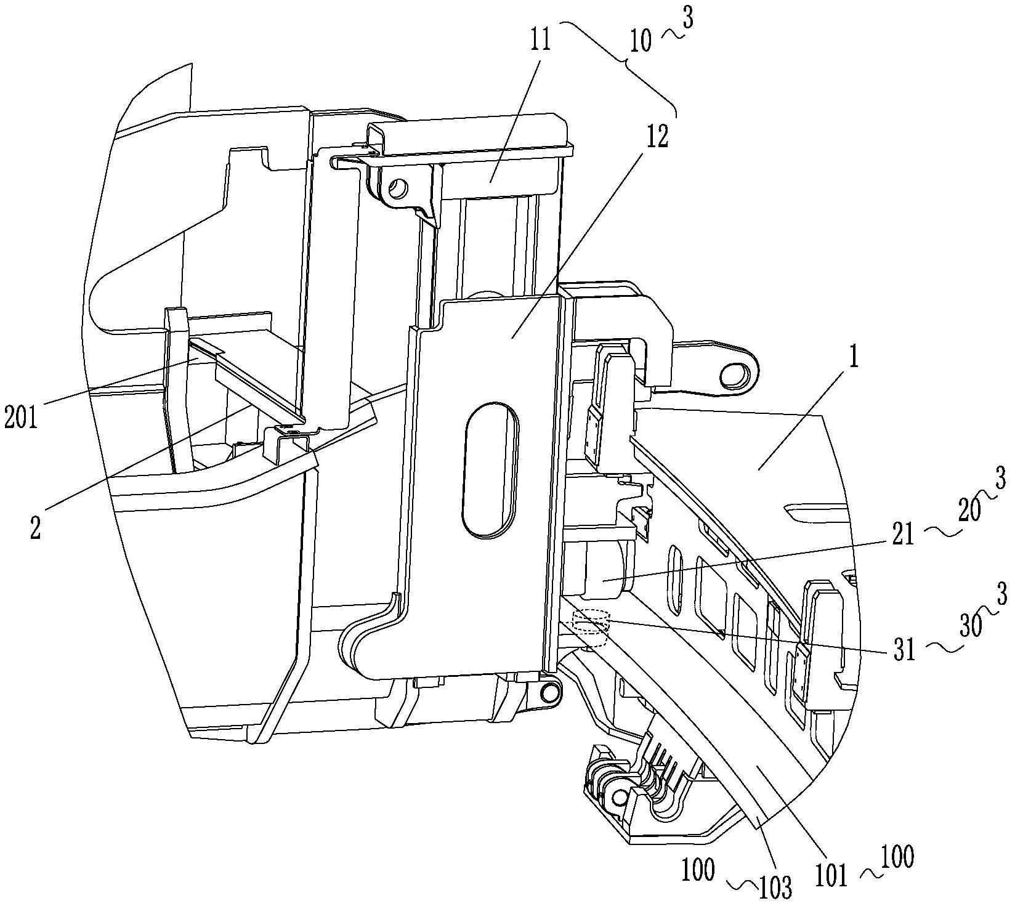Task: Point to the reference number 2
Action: (x=36, y=528)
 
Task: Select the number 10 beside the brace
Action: (x=641, y=44)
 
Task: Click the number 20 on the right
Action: (x=969, y=512)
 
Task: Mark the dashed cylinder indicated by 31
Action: (x=590, y=627)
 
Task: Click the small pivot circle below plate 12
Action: (x=546, y=693)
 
